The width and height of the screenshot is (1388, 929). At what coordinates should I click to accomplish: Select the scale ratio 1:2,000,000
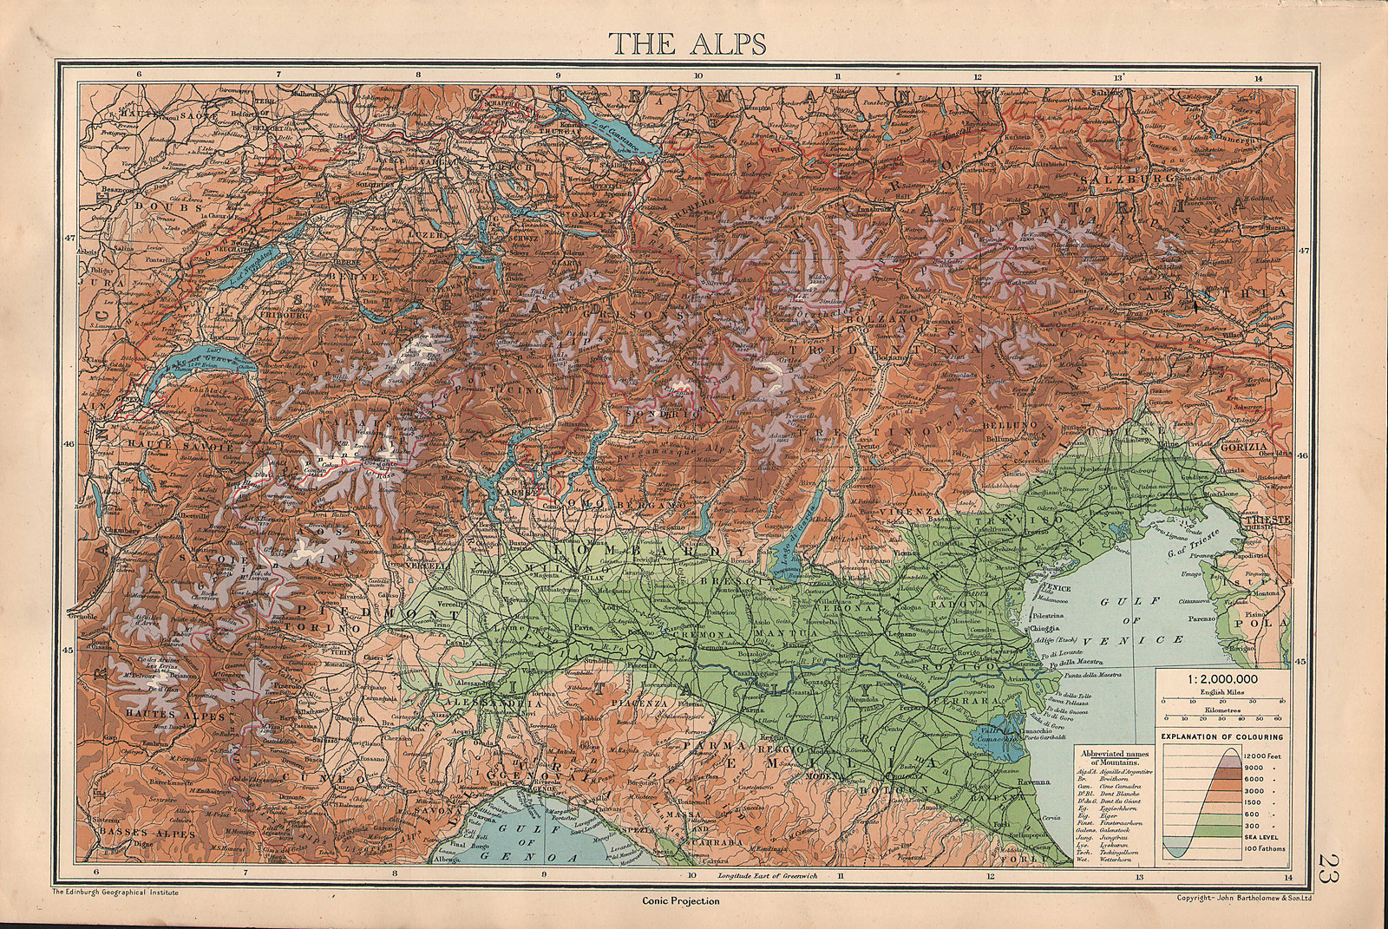click(x=1221, y=678)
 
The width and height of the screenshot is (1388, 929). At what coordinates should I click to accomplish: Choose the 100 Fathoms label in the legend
click(x=1266, y=847)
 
